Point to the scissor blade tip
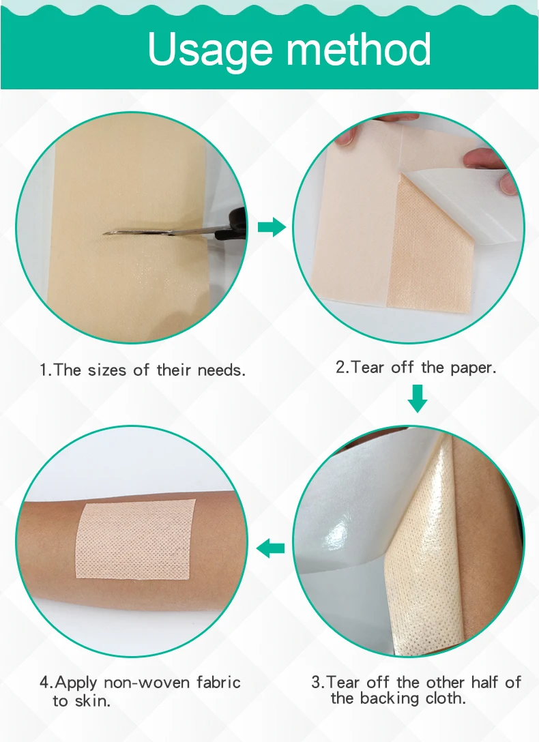tap(105, 233)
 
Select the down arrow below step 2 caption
tap(418, 399)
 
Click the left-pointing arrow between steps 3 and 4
tap(271, 548)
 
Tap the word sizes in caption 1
tap(107, 370)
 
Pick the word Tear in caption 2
tap(368, 367)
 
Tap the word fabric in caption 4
tap(218, 682)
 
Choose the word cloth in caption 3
tap(444, 698)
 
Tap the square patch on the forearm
tap(135, 539)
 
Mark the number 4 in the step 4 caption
tap(44, 683)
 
